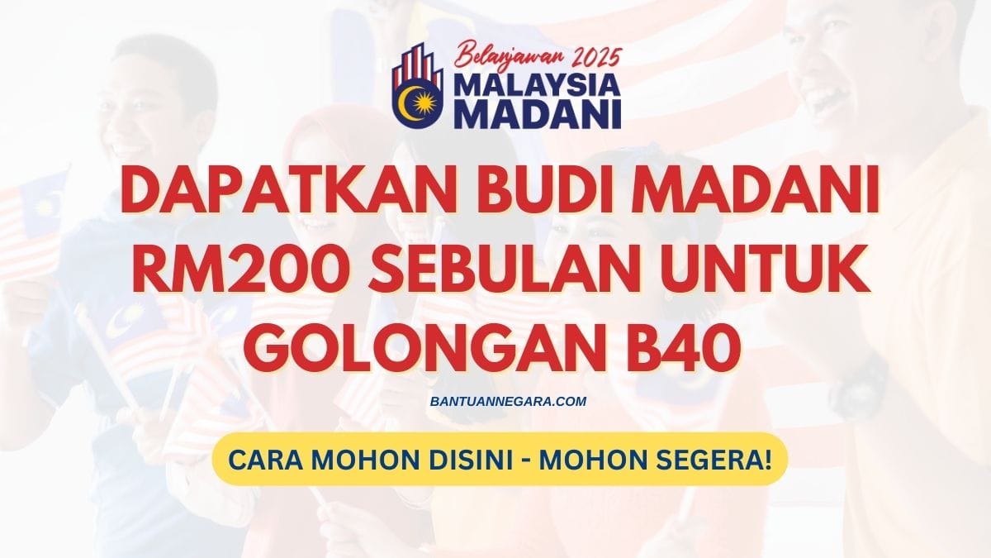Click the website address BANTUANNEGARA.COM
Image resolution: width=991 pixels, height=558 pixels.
(495, 401)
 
